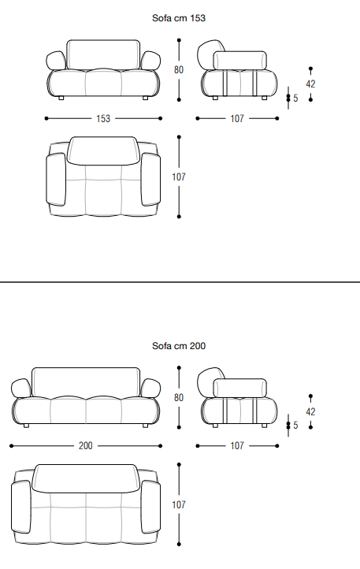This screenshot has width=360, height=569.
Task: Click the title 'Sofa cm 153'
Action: click(x=179, y=18)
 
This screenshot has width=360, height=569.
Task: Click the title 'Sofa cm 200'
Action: click(x=179, y=346)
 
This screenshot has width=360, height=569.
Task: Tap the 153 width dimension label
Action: click(x=103, y=119)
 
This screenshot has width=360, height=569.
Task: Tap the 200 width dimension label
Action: click(x=86, y=445)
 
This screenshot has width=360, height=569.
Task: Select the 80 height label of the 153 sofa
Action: click(x=179, y=69)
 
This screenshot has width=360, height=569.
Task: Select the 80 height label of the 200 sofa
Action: click(x=179, y=398)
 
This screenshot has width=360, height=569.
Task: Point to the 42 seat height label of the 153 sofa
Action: click(x=310, y=84)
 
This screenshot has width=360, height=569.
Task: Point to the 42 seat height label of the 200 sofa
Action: click(x=310, y=412)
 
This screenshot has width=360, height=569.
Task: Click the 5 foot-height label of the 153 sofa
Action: click(x=295, y=99)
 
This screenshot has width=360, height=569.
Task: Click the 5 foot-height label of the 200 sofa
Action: click(x=295, y=426)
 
